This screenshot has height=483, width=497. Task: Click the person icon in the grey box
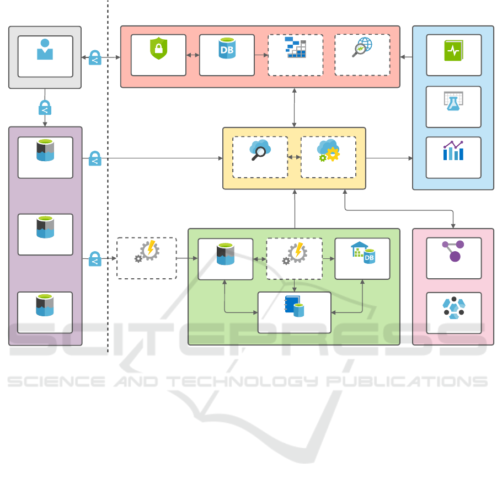(45, 50)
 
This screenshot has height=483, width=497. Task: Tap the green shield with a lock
(158, 49)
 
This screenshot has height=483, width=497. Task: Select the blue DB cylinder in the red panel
(226, 49)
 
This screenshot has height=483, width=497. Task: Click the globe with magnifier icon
(362, 47)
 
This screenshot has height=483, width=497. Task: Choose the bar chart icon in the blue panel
(453, 151)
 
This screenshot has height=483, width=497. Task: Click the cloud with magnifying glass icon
(259, 150)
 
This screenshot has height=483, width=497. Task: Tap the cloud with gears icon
(328, 150)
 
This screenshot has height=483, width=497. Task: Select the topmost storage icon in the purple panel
(45, 150)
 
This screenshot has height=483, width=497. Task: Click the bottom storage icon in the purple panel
(45, 305)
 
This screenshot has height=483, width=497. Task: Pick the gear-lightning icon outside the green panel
(147, 252)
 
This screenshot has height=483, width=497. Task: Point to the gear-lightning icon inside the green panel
(294, 253)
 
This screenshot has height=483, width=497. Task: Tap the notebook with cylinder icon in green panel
(294, 306)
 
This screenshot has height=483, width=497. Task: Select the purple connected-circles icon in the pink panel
(453, 251)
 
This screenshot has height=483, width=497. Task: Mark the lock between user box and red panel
(94, 58)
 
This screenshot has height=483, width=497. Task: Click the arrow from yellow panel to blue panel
(389, 158)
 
